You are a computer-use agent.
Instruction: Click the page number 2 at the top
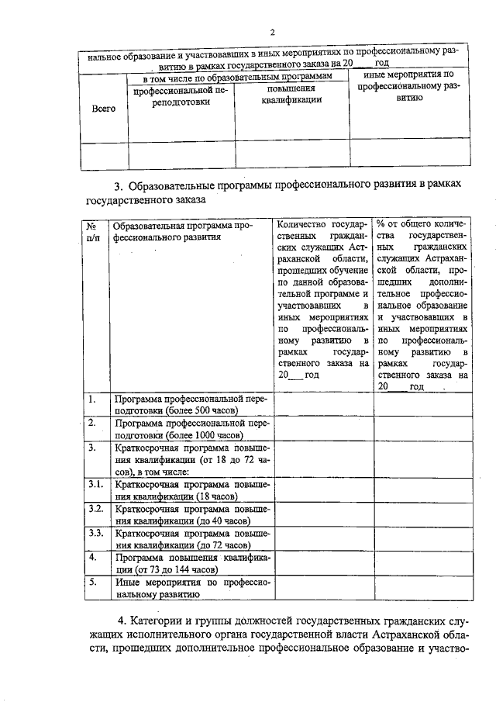(x=273, y=32)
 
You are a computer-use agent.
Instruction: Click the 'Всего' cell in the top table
(x=104, y=109)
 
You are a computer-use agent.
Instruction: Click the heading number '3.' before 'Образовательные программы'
(x=119, y=185)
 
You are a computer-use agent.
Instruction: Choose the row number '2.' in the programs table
(x=91, y=423)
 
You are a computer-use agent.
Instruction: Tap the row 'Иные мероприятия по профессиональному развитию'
(x=191, y=587)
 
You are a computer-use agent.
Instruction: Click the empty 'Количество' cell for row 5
(x=323, y=587)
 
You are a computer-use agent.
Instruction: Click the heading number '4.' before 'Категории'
(x=122, y=621)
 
